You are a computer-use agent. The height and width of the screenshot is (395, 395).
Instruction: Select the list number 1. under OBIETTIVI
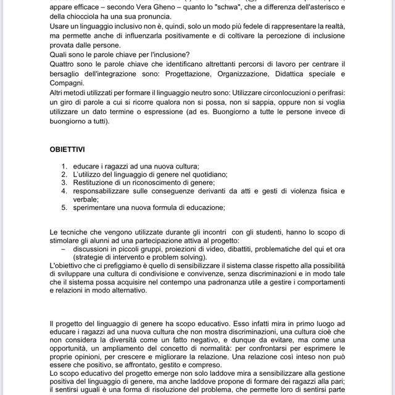click(x=65, y=167)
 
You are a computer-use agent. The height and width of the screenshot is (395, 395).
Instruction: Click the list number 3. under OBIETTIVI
click(x=65, y=183)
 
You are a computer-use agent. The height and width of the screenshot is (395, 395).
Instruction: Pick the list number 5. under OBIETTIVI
click(x=65, y=208)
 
